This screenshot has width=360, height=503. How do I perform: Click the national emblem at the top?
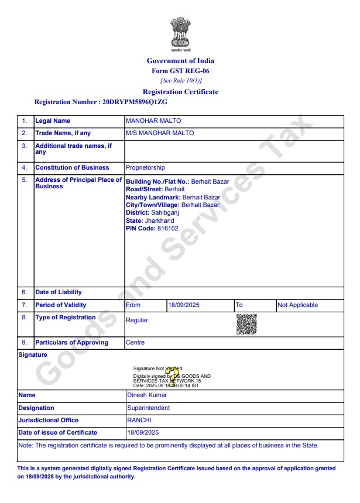180,32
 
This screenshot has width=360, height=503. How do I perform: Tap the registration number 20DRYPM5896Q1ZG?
135,102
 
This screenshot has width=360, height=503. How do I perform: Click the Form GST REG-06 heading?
180,71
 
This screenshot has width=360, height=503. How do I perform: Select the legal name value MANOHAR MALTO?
153,120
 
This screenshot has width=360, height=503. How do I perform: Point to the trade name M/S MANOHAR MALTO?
160,133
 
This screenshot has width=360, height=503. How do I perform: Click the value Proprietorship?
145,168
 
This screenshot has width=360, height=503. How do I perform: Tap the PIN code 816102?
168,228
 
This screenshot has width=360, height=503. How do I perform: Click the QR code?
246,324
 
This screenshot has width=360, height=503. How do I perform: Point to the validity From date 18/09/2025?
184,305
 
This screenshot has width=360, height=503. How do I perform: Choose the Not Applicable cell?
297,305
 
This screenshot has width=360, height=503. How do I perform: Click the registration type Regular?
137,320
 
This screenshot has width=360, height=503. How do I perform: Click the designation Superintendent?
148,408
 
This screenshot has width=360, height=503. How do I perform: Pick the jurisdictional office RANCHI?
139,420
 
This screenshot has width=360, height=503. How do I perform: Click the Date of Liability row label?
59,292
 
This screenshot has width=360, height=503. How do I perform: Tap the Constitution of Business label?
72,168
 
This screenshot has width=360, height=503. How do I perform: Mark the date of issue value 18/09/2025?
143,432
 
